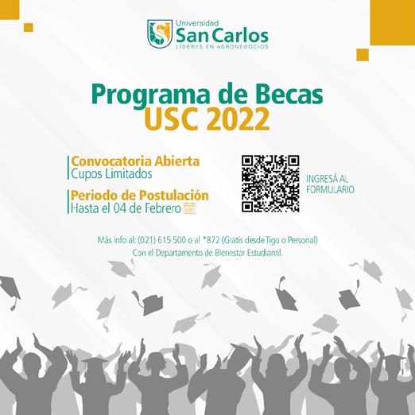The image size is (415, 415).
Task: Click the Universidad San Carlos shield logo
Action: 160,33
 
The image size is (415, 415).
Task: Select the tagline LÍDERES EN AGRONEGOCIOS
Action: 222,47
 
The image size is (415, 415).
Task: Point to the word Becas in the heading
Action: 289,94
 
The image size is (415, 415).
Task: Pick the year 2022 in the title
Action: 238,119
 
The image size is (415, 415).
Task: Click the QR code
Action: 270,184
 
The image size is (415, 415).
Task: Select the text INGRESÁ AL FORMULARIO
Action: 330,184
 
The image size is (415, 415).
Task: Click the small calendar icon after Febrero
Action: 189,208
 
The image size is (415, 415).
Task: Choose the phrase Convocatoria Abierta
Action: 135,161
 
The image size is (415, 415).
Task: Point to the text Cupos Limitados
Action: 111,174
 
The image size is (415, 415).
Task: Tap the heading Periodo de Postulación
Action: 140,196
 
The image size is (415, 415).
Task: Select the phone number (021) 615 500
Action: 161,240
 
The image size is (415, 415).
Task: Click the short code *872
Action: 211,240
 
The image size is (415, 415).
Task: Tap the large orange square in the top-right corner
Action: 393,22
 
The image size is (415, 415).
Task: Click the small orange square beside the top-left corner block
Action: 29,28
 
